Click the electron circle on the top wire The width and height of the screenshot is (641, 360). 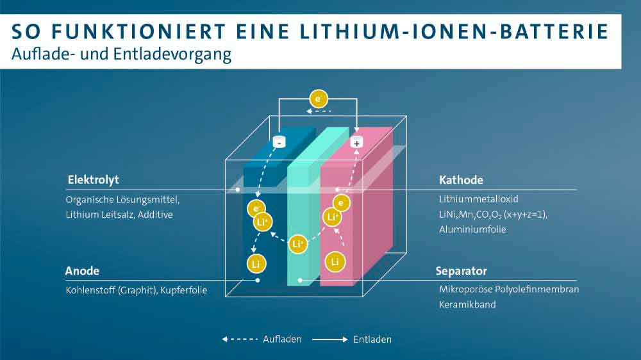click(319, 99)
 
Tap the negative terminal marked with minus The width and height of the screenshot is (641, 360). click(279, 142)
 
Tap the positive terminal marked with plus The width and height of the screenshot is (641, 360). click(356, 142)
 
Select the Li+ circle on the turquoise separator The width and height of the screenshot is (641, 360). click(297, 244)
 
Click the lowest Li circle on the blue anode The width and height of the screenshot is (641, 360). click(256, 263)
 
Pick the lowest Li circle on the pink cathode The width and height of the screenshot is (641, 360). click(335, 261)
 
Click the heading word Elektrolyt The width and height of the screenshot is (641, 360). click(93, 179)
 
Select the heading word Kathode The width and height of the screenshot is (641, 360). click(461, 179)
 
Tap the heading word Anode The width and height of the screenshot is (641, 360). click(82, 271)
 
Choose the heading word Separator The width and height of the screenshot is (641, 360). click(462, 271)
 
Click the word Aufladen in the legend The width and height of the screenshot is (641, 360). click(282, 339)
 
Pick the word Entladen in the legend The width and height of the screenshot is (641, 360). click(372, 339)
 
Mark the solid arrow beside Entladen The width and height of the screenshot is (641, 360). click(330, 339)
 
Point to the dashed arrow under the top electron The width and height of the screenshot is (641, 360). click(318, 112)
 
